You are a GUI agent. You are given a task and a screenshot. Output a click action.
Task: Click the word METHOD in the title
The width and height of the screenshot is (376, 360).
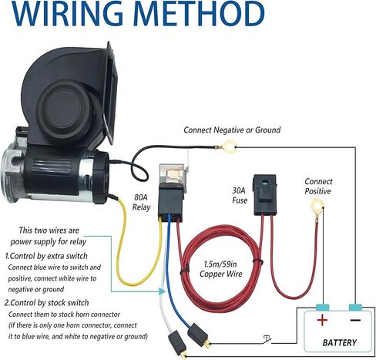(x=199, y=13)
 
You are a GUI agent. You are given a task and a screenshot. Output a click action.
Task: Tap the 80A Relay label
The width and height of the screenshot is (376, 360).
(x=141, y=202)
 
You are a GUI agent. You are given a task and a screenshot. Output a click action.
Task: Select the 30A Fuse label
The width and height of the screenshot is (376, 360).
(x=240, y=196)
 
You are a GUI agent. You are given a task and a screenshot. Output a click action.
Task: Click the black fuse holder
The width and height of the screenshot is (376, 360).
(x=265, y=194)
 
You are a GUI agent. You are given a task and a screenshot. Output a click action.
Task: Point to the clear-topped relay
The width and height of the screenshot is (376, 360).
(x=172, y=192)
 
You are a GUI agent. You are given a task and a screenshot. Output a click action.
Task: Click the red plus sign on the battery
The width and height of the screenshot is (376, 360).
(x=322, y=321)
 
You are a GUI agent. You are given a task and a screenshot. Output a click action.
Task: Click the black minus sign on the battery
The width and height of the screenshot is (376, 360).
(x=355, y=320)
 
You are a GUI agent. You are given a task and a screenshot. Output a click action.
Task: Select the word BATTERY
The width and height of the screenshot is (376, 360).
(x=340, y=342)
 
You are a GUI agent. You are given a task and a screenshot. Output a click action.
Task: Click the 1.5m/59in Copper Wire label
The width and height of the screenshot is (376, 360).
(x=221, y=269)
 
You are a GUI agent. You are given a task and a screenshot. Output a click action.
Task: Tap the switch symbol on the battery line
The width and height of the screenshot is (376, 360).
(x=267, y=340)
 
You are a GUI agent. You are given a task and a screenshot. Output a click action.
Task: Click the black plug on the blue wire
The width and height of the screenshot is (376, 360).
(x=199, y=335)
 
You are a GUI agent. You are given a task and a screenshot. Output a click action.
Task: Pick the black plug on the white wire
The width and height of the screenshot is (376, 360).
(x=177, y=344)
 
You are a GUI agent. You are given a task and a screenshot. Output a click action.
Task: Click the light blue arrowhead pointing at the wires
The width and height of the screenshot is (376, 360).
(x=162, y=291)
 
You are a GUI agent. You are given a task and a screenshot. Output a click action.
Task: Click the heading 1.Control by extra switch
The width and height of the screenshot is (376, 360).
(x=46, y=256)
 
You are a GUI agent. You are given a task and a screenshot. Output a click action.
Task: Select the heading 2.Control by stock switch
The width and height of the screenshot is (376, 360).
(x=47, y=303)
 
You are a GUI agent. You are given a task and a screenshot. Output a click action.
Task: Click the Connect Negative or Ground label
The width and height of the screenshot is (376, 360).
(x=232, y=130)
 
